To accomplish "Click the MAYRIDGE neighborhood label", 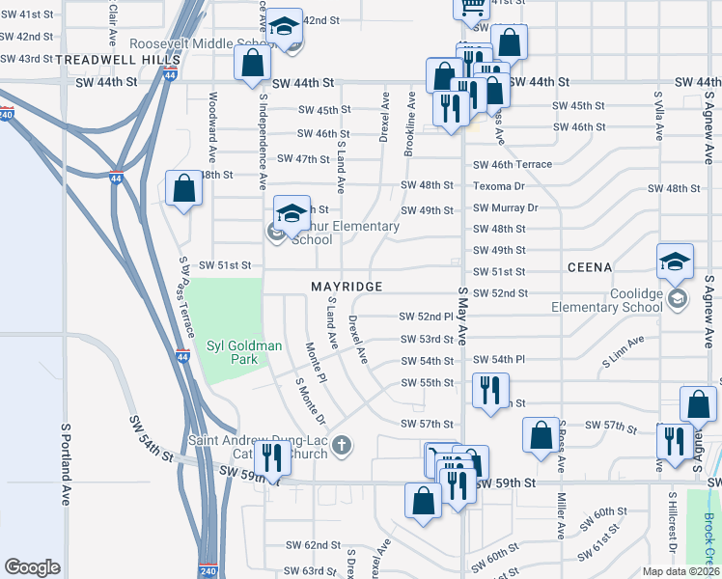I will pos(347,287).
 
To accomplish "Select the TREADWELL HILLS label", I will pos(105,59).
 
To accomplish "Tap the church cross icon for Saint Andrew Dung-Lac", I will pos(342,445).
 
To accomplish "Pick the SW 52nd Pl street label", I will pos(426,317).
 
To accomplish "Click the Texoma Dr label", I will pos(498,186).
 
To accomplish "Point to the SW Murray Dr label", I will pos(504,207).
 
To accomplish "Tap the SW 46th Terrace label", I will pos(512,165).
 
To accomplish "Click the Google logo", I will pos(33,567).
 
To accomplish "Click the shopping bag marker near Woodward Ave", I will pos(183,190).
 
